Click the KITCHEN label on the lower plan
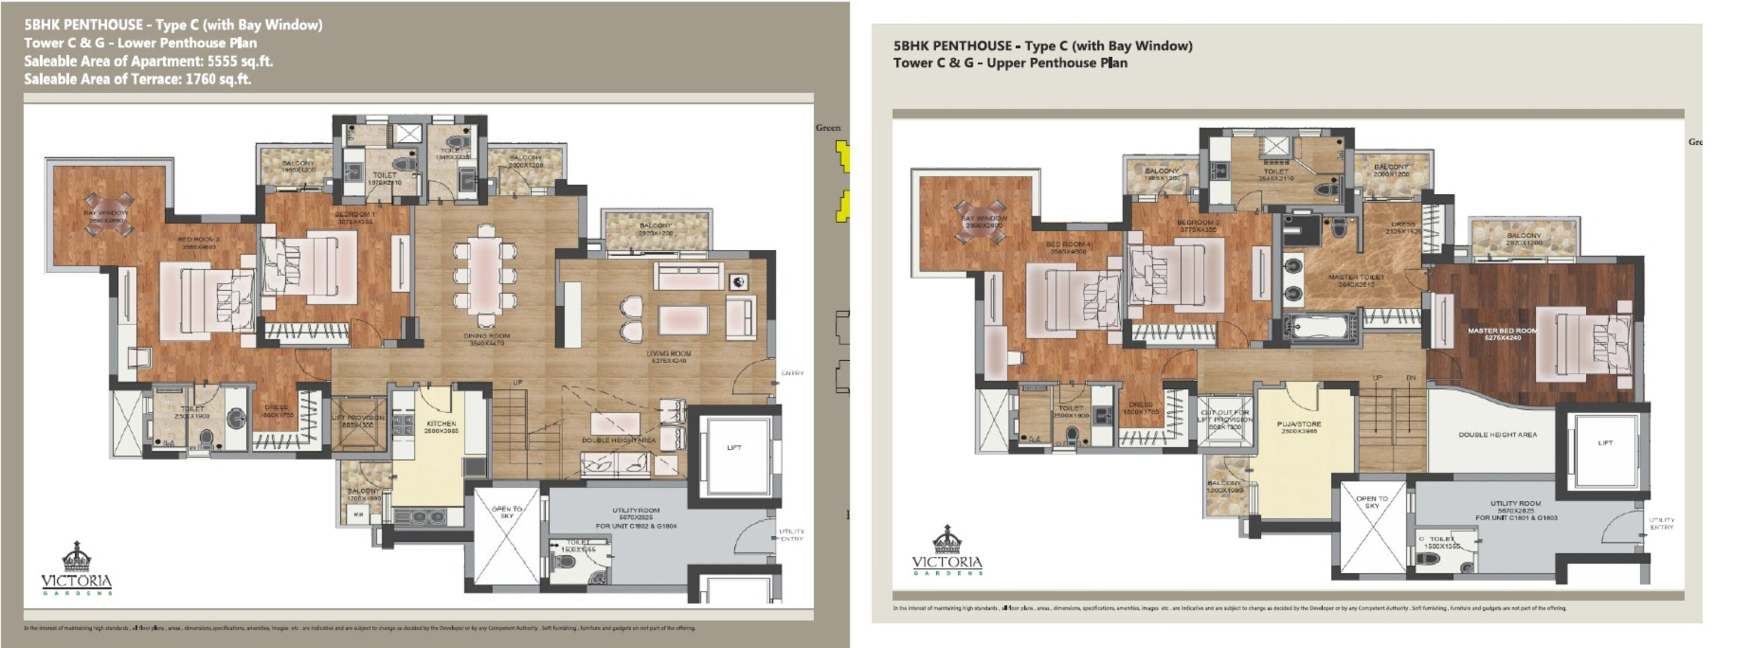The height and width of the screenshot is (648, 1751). click(x=441, y=424)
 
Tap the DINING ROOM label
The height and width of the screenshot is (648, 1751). click(x=486, y=336)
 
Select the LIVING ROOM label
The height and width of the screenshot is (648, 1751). click(x=669, y=354)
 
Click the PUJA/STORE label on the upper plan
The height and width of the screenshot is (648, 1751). click(x=1299, y=424)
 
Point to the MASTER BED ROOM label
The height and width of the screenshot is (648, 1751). click(x=1502, y=330)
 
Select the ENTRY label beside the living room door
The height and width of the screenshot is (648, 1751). click(x=792, y=372)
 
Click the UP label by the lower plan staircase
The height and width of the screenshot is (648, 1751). click(x=517, y=383)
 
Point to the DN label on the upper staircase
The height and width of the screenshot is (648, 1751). click(x=1411, y=378)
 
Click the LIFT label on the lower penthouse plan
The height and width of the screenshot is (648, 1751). click(x=734, y=447)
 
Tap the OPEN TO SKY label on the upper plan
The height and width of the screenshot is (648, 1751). click(x=1372, y=502)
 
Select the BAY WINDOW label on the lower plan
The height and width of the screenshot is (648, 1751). click(x=106, y=213)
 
